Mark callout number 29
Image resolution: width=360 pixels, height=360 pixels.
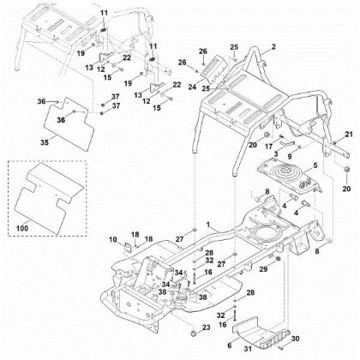[x=264, y=268]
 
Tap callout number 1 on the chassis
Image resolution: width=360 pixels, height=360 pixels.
[x=206, y=224]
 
